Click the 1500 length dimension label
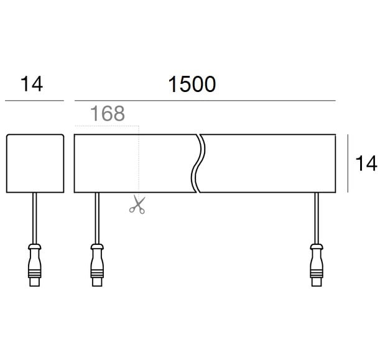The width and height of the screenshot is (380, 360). (x=192, y=85)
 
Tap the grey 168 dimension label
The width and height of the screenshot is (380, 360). (x=108, y=113)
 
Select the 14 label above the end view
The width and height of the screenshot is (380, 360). (x=32, y=84)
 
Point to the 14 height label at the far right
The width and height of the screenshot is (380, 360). (x=366, y=164)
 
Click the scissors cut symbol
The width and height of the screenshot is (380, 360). (x=137, y=205)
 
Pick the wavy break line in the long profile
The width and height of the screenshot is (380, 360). (x=198, y=164)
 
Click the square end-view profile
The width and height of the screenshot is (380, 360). (x=35, y=164)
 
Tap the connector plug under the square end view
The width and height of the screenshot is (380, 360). (x=35, y=265)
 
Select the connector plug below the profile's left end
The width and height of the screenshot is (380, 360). (x=97, y=265)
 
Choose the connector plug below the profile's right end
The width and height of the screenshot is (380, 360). (x=317, y=265)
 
